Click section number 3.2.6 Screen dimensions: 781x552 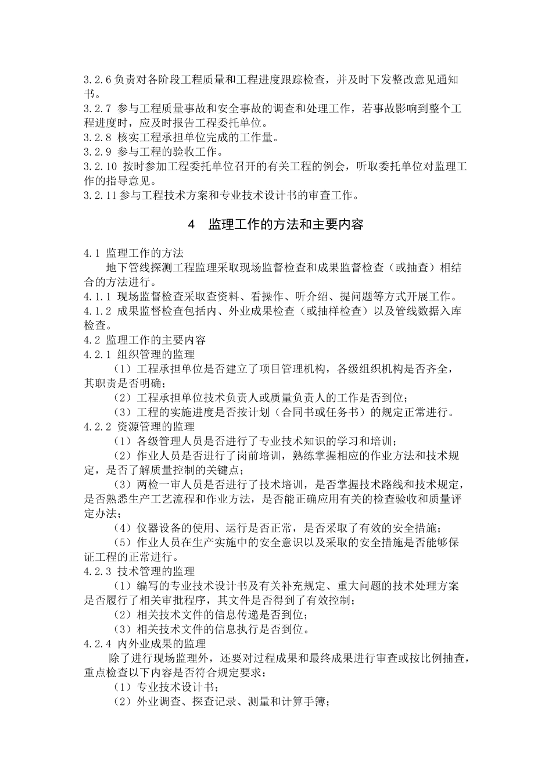tap(98, 79)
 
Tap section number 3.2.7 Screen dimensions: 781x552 tap(98, 109)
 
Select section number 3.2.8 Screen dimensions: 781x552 tap(98, 138)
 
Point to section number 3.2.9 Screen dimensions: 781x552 tap(98, 152)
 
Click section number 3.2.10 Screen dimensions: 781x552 tap(101, 167)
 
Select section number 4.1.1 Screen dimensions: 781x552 tap(98, 297)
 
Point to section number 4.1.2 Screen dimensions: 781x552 tap(98, 311)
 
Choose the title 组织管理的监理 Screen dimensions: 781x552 tap(156, 354)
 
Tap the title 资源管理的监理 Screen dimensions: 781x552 tap(156, 427)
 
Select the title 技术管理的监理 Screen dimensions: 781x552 tap(156, 571)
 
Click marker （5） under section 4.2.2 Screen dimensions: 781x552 tap(123, 542)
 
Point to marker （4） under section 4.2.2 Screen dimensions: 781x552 tap(123, 528)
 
